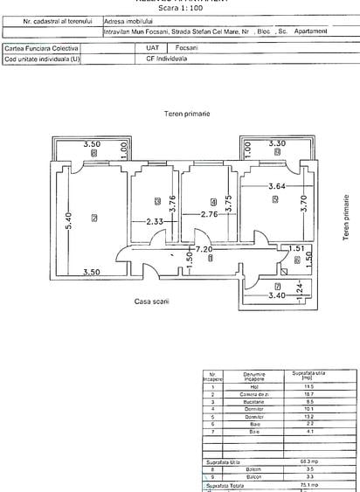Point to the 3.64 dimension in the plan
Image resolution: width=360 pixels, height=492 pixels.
pos(275,184)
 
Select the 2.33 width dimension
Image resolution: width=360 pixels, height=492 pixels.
pos(156,221)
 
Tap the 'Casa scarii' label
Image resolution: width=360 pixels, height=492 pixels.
pos(152,301)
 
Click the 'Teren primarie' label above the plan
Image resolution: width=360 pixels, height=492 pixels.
pos(186,114)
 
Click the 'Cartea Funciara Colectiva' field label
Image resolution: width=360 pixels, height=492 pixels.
pos(42,50)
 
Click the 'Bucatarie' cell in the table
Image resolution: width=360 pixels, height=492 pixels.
pos(253,400)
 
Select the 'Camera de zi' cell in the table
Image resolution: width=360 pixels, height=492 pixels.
pos(253,393)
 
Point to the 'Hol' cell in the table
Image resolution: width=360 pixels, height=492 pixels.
pos(253,386)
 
